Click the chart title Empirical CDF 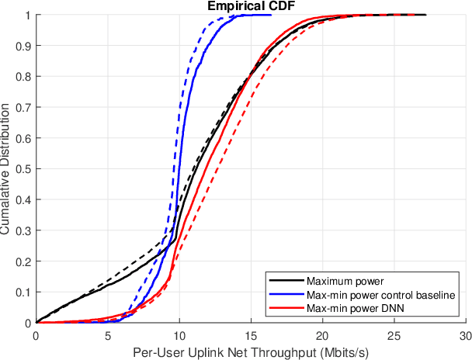pos(250,6)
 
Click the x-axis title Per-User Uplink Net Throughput pos(250,351)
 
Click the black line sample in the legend pos(283,281)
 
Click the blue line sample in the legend pos(283,296)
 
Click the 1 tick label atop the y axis pos(28,15)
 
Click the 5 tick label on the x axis pos(107,334)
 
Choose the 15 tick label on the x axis pos(250,334)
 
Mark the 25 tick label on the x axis pos(394,334)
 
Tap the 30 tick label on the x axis pos(465,334)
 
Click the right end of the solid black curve pos(425,15)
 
